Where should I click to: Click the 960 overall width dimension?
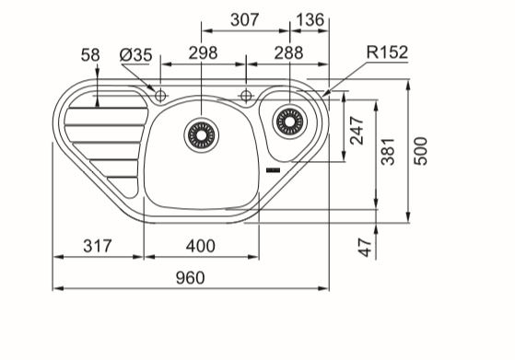[x=190, y=278]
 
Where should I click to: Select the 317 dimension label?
[x=98, y=246]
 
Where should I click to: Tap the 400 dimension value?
[x=201, y=246]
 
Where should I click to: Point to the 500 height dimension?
[x=421, y=151]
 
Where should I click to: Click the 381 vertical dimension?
[x=388, y=151]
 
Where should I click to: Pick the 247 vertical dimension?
[x=357, y=131]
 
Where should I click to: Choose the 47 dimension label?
[x=365, y=247]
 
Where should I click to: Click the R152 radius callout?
[x=387, y=52]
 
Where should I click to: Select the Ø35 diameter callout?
[x=136, y=55]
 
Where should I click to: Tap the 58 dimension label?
[x=90, y=55]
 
